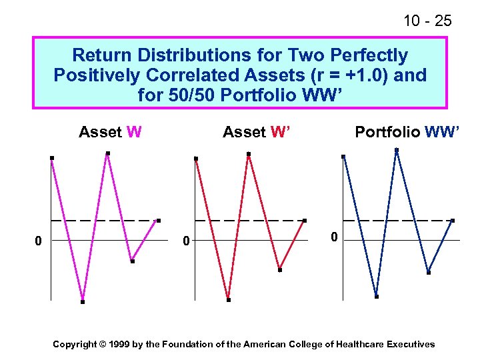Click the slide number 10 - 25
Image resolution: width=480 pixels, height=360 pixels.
[x=427, y=21]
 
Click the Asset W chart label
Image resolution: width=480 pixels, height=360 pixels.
[x=110, y=132]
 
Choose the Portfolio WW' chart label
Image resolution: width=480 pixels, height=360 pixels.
[x=407, y=132]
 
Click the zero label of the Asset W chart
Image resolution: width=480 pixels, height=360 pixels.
[x=39, y=240]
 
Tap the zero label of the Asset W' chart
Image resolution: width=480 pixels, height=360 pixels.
[x=187, y=240]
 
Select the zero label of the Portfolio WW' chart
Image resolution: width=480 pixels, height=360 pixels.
[x=335, y=237]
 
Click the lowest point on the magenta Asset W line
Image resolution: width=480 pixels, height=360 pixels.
[x=83, y=302]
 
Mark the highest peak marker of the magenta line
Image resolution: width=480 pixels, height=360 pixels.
[x=108, y=153]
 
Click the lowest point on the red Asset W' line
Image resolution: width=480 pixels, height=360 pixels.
[x=228, y=300]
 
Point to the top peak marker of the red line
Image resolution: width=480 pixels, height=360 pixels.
[x=249, y=154]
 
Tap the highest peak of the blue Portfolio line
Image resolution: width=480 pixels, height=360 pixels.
[x=397, y=149]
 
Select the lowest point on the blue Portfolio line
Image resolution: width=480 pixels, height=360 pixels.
[x=377, y=297]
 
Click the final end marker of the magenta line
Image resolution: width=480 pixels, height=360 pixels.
[x=158, y=221]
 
